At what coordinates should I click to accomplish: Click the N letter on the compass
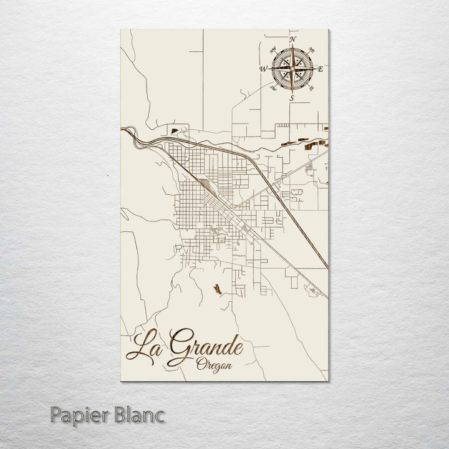(x=294, y=39)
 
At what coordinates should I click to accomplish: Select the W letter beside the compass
(x=263, y=69)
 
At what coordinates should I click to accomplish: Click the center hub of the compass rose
(x=292, y=69)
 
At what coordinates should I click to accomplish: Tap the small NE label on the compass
(x=312, y=51)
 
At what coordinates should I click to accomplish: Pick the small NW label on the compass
(x=272, y=50)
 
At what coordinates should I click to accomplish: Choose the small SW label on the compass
(x=273, y=89)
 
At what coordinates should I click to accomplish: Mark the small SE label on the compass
(x=311, y=88)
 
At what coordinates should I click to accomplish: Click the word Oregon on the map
(x=213, y=364)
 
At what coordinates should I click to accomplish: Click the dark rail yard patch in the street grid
(x=205, y=185)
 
